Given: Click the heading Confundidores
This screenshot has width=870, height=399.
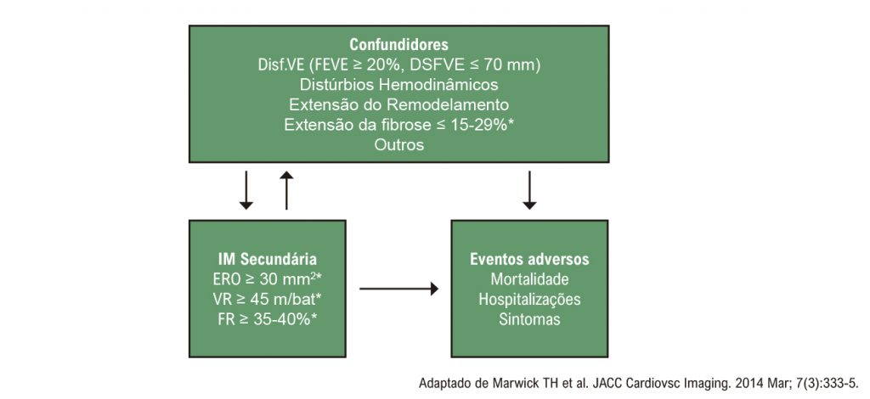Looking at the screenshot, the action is pos(399,44).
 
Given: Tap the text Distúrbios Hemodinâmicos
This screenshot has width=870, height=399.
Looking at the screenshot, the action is pos(399,85).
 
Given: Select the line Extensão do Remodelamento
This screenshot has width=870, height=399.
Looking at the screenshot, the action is pos(399,104).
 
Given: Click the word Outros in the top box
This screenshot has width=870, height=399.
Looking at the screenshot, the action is pos(399,144).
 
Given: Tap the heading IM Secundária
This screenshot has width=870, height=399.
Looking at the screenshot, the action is pos(268,260).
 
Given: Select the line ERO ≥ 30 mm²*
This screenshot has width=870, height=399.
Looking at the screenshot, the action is pos(268,278).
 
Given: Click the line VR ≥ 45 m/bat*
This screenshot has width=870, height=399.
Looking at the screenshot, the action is pos(268,299).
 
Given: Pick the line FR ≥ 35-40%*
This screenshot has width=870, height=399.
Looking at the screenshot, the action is pos(268,319).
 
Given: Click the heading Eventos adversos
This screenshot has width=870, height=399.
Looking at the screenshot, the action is pos(529,260).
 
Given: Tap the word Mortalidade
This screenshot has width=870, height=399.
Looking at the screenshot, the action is pos(529,278).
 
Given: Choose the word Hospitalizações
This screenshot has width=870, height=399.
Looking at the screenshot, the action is pos(529,299).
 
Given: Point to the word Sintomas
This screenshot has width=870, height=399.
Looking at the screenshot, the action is pos(529,319).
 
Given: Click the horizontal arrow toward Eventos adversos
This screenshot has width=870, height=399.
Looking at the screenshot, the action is pos(399,289).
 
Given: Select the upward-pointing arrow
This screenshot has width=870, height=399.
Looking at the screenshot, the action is pos(286,190).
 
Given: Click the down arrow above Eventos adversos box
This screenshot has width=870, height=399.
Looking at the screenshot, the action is pos(530,190).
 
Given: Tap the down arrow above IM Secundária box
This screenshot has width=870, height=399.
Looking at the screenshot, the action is pos(246,190).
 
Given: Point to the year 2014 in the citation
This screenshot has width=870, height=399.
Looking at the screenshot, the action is pos(749,384).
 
